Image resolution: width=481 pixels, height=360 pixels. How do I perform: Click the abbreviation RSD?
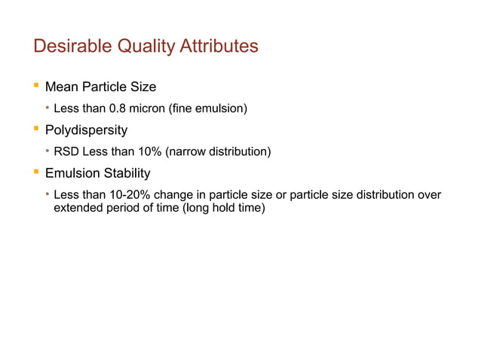[67, 153]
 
